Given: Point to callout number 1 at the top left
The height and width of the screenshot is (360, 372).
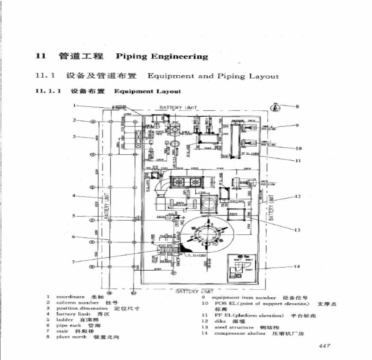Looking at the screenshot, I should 74,105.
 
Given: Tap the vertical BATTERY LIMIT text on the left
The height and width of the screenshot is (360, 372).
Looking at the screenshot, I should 106,205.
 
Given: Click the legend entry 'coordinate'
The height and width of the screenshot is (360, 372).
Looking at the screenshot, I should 70,297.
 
